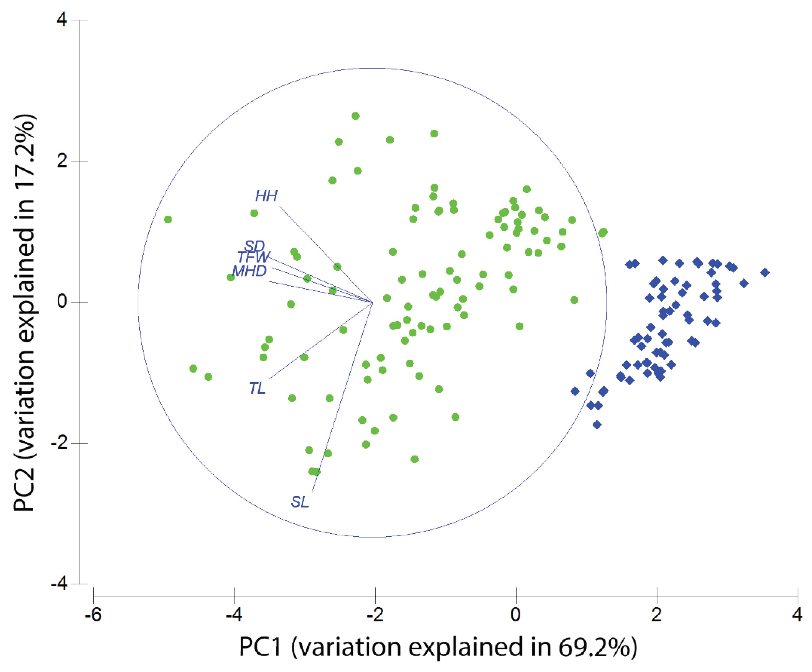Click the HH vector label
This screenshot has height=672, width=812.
(x=266, y=196)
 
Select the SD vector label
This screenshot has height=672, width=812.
(x=254, y=246)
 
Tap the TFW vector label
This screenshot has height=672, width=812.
(x=253, y=257)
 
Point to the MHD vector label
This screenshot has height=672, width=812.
(x=249, y=271)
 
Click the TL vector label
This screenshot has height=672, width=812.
(x=257, y=388)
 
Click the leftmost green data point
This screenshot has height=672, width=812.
(x=168, y=220)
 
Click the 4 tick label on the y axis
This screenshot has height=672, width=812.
(x=62, y=19)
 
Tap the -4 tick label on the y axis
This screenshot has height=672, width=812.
(x=59, y=584)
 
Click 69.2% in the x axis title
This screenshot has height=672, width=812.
(x=597, y=647)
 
